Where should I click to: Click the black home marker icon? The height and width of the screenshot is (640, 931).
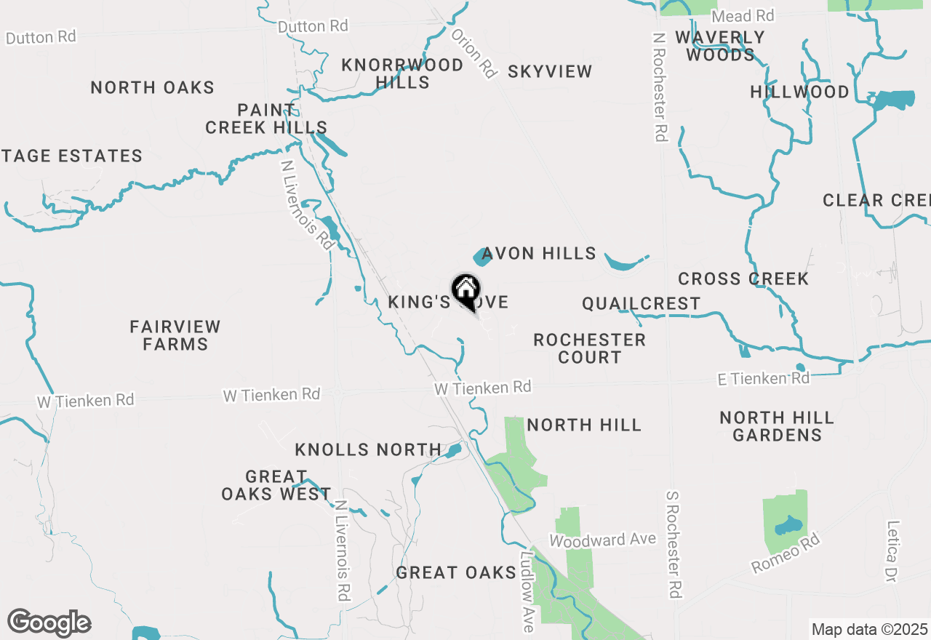point(465,290)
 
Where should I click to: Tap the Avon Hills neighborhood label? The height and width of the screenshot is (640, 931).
point(539,254)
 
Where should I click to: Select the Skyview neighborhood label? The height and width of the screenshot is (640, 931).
point(550,71)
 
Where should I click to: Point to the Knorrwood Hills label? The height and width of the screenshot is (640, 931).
point(402,73)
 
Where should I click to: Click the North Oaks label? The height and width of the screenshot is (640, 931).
point(153,88)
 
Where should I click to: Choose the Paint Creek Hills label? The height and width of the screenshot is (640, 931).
point(266,119)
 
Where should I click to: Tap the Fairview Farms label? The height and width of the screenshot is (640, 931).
point(175,335)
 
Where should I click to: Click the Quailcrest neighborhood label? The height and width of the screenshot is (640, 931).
point(641,303)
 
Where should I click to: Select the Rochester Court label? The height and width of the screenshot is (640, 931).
point(589,348)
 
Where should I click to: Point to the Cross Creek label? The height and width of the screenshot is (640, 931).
point(743,279)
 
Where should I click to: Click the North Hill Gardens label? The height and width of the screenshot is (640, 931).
point(777,426)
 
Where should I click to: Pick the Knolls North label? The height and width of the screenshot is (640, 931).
point(368,450)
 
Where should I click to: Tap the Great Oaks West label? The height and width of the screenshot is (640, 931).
point(276,485)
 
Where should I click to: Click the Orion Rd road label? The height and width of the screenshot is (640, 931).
point(474,53)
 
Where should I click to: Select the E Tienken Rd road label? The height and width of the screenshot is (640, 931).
point(763,378)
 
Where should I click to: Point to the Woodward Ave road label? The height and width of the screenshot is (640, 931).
point(602,540)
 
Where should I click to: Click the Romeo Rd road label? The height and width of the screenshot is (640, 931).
point(786,553)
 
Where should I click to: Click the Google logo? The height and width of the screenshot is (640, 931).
point(49,623)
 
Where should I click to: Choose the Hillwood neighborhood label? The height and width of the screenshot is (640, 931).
point(800,92)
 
